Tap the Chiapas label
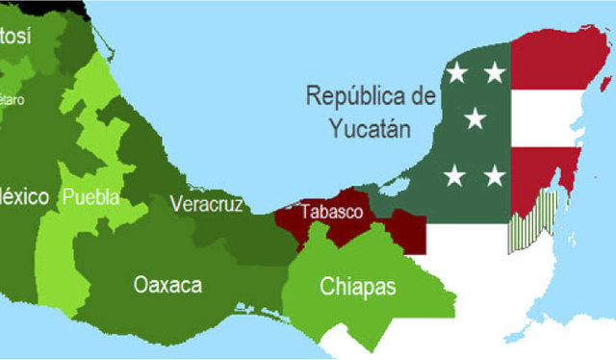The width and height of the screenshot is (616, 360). coord(358,287)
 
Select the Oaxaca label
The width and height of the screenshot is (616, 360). coord(168,285)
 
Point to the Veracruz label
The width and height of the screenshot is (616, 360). coord(206,203)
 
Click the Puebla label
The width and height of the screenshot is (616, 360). coord(90,197)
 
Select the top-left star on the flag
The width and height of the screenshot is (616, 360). coord(456,71)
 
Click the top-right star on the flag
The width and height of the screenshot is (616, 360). coord(494,71)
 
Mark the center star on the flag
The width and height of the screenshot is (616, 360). coord(475,119)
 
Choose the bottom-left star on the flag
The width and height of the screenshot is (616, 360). coord(456,175)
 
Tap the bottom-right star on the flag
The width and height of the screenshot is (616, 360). coord(494,175)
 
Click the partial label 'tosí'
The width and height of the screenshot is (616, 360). coord(15,37)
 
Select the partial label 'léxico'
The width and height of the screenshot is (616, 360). coord(24,196)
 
